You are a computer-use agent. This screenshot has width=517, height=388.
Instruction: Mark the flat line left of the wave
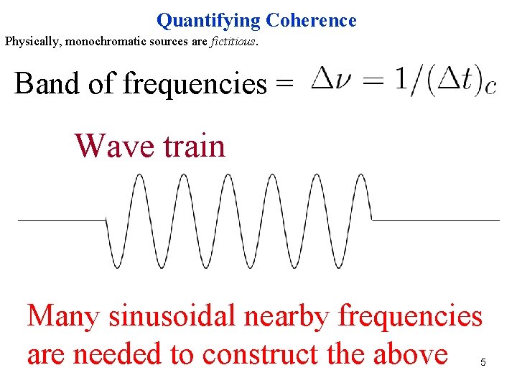coord(61,218)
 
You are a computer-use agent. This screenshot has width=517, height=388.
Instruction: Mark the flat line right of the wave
coord(435,218)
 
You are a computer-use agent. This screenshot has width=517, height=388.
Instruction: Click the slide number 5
coord(483,363)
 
